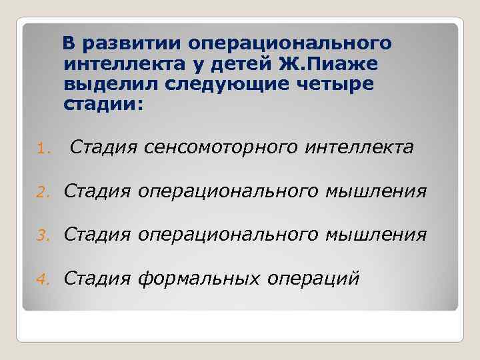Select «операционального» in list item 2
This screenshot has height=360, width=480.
coord(229,193)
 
